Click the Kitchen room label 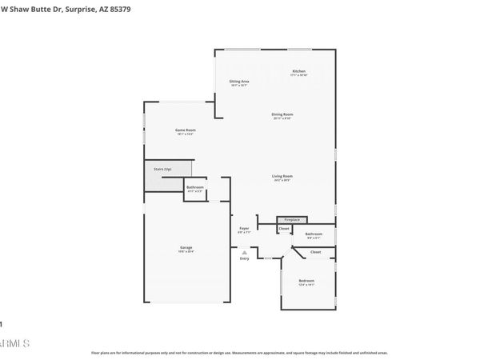[298, 71]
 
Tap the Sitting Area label [238, 82]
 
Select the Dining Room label [282, 114]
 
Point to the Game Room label [186, 130]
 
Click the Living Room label [282, 176]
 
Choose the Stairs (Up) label [163, 170]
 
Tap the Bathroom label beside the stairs [195, 188]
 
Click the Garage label [186, 247]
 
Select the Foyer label [244, 229]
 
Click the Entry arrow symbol [244, 251]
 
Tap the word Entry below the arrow [244, 258]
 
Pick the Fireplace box [291, 219]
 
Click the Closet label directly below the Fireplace [284, 230]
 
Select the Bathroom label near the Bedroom [314, 234]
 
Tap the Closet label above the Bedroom [315, 252]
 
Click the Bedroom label [306, 281]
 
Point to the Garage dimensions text [186, 252]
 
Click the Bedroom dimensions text [306, 286]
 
